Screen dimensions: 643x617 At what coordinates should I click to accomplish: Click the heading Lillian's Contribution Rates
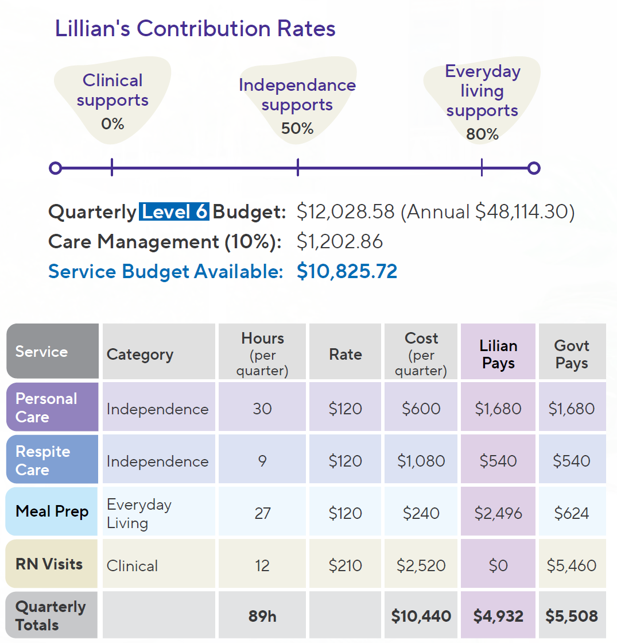195,28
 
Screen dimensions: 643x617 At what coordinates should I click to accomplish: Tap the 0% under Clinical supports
112,123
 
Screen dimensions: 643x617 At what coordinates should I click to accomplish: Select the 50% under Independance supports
297,128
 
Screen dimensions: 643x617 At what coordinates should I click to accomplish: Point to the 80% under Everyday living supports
482,134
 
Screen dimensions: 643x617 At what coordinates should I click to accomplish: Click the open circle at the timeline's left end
55,168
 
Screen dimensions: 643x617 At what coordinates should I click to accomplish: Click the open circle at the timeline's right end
534,168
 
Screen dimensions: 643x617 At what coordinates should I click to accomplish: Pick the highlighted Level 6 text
174,212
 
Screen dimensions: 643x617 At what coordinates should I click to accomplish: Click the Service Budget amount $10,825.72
347,271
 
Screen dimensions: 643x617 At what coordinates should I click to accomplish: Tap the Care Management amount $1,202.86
340,241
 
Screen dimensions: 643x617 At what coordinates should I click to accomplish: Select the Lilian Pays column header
498,354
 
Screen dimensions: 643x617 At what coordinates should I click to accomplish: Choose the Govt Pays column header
572,354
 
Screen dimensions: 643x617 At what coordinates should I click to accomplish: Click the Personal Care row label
46,407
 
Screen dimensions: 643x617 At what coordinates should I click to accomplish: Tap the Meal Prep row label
52,511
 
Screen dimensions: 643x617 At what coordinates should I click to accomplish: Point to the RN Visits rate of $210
345,565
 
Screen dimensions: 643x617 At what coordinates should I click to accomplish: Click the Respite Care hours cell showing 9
262,461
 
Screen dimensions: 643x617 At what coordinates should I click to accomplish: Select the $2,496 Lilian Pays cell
498,513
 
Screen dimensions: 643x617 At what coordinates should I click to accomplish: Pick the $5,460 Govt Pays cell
572,565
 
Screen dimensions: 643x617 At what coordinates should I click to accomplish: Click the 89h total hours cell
262,617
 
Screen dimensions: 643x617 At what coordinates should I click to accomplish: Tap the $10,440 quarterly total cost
421,617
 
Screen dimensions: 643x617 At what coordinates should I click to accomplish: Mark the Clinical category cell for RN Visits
132,565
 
